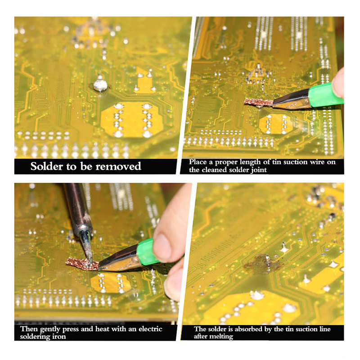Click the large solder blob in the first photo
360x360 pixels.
point(100,85)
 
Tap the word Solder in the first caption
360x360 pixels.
point(47,166)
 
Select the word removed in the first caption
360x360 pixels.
point(118,166)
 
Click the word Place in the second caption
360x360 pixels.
point(198,162)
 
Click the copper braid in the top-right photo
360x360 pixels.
point(258,102)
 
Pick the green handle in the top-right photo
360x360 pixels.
point(325,95)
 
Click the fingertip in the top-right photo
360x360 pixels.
point(338,83)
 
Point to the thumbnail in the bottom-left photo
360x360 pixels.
point(162,244)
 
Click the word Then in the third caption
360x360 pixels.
point(29,329)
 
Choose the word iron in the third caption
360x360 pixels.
point(59,337)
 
